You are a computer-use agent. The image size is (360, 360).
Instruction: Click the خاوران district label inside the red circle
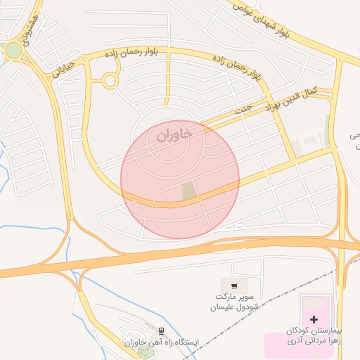coord(173,135)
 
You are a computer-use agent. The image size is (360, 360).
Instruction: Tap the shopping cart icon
coord(234,286)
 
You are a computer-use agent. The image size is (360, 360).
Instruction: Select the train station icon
coord(162,330)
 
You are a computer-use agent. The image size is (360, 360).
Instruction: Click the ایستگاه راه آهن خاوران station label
coord(162,342)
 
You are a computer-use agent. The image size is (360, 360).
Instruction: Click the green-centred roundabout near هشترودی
coord(13,51)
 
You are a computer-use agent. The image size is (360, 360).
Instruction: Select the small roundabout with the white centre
coord(110,81)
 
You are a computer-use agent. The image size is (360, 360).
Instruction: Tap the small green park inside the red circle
coord(188,190)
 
